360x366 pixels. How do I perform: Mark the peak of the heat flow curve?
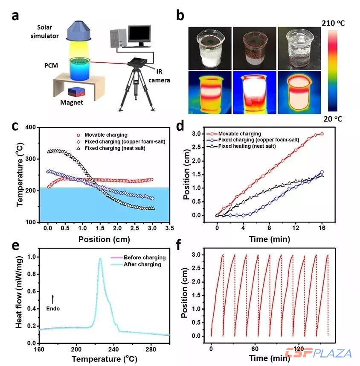[x=100, y=258]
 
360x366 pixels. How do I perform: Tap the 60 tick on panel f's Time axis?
[x=255, y=348]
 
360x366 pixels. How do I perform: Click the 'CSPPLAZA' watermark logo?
[x=319, y=353]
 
